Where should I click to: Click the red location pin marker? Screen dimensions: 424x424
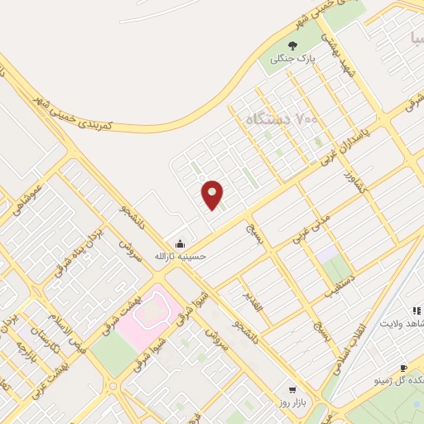point(213,194)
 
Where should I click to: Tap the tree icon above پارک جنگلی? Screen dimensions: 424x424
point(291,46)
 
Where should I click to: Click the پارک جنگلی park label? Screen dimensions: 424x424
point(295,60)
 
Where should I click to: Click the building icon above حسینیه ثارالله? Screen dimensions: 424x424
point(180,241)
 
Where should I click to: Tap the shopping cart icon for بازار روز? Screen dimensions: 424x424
point(291,388)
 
